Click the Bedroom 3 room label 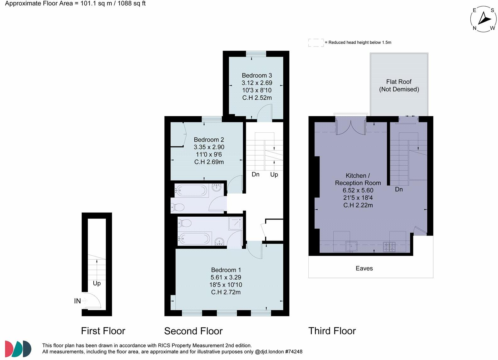point(257,75)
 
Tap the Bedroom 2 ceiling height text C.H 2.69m point(209,162)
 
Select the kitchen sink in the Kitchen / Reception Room point(351,246)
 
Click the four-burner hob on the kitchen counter point(389,246)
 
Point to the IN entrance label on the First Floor point(77,301)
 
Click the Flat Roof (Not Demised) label point(399,86)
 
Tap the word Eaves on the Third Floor point(364,268)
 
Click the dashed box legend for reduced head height point(316,42)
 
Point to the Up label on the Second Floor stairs point(274,174)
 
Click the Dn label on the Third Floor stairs point(399,189)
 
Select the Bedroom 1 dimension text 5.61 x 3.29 point(226,277)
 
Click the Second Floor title point(193,331)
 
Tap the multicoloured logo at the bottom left point(18,348)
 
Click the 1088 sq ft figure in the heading point(131,4)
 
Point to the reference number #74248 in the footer point(293,352)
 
